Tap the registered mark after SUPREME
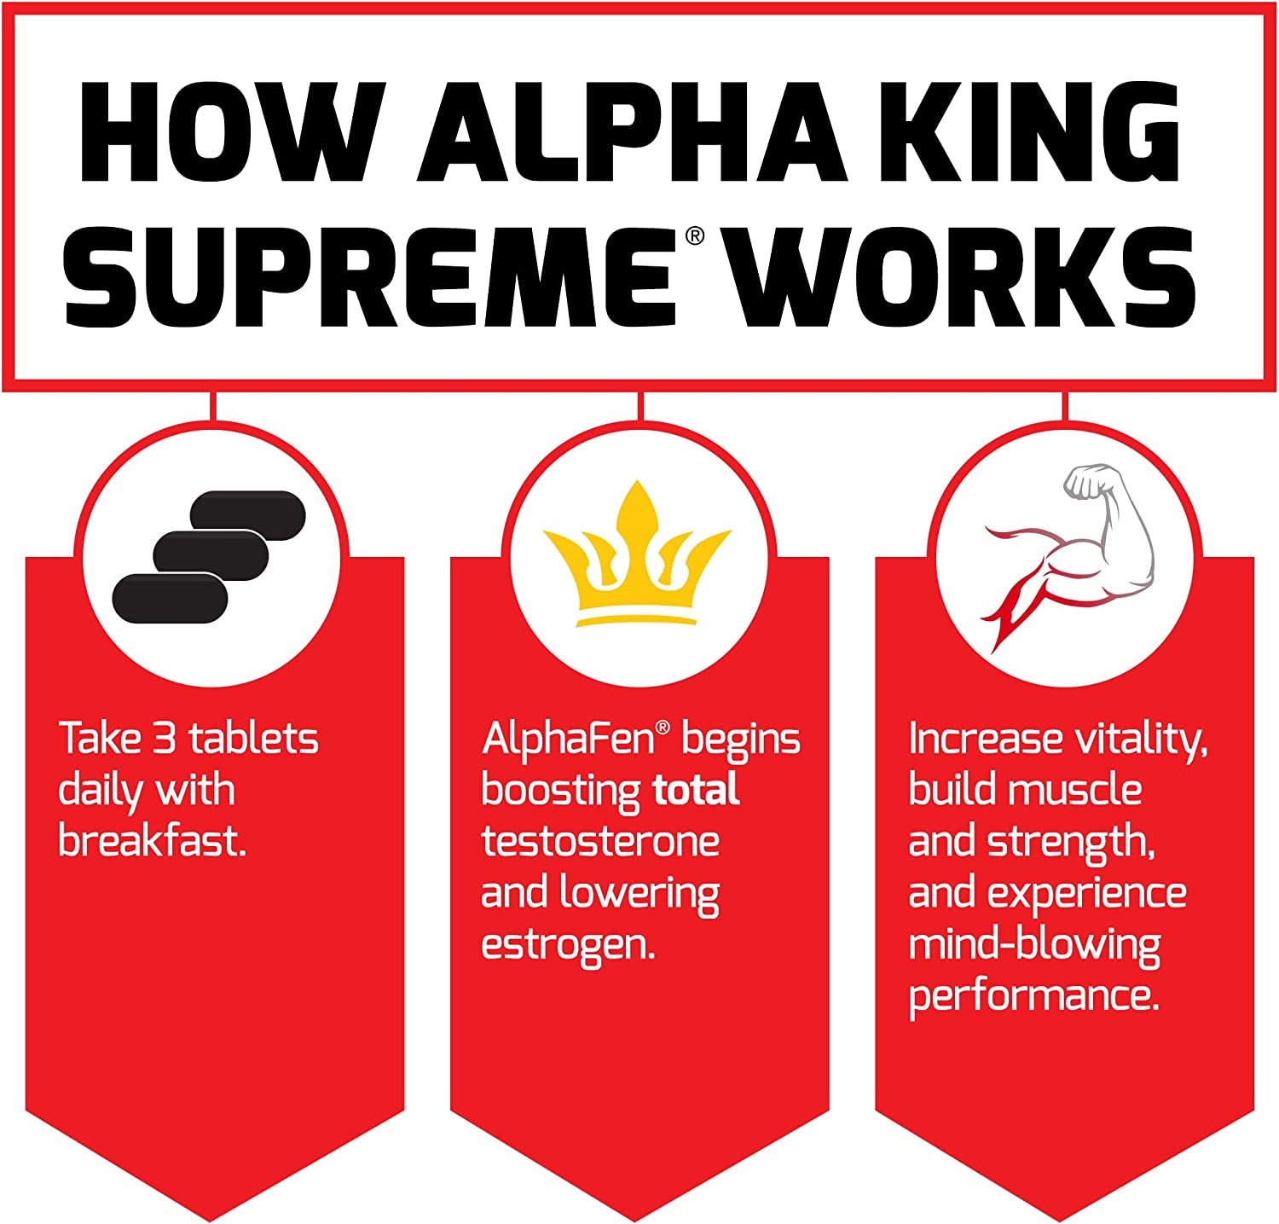[x=695, y=235]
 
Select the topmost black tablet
[x=247, y=515]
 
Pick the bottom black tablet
[x=170, y=598]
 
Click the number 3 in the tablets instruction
[x=165, y=739]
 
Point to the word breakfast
[x=152, y=842]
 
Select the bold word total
[x=696, y=791]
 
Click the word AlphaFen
[x=569, y=739]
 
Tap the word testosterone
[x=600, y=842]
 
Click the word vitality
[x=1142, y=739]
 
